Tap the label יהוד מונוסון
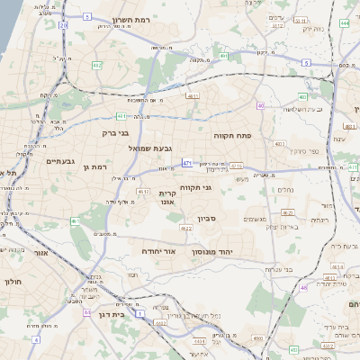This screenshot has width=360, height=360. pos(212,253)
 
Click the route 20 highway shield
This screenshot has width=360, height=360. pos(63,25)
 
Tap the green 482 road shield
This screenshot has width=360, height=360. pos(96,65)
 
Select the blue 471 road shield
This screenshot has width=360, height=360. pos(186,163)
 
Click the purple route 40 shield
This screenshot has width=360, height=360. pos(260,105)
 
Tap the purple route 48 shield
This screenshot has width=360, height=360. pos(304,288)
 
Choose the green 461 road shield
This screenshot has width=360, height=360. pos(76,220)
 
